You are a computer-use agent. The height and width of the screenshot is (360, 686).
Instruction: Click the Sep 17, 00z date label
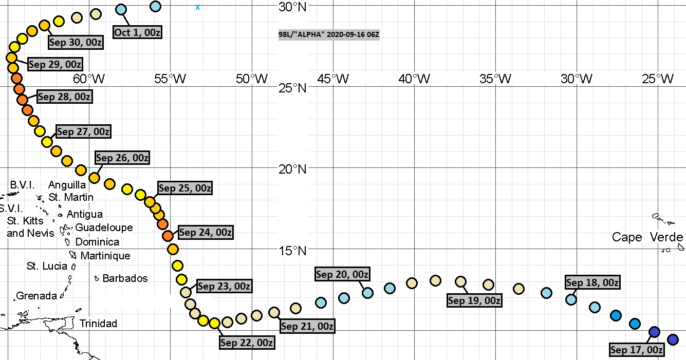(636, 350)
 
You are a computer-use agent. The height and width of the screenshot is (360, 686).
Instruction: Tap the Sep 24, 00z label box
(205, 233)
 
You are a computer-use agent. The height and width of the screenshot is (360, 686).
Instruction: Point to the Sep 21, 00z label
(307, 326)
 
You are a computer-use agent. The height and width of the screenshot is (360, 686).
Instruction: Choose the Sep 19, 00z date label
(474, 300)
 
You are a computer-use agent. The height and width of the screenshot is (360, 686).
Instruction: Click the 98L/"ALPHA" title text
(329, 34)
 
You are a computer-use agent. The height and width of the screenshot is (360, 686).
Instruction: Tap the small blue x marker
(198, 7)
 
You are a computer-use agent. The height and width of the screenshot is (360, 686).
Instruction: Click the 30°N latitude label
(292, 7)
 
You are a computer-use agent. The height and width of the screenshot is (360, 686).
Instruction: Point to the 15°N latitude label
(292, 251)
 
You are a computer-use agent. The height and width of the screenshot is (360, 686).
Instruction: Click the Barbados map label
(125, 278)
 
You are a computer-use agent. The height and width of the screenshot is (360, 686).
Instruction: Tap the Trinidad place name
(98, 323)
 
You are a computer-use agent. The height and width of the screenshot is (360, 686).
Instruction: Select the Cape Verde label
(647, 237)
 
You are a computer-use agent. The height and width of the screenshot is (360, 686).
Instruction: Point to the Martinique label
(105, 255)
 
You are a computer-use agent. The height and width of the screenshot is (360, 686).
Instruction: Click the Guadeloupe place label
(104, 227)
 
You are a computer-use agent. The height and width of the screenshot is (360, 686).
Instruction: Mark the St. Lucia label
(47, 266)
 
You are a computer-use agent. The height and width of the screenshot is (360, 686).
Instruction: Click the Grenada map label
(36, 296)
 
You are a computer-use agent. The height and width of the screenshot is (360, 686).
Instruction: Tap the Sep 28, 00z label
(65, 96)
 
